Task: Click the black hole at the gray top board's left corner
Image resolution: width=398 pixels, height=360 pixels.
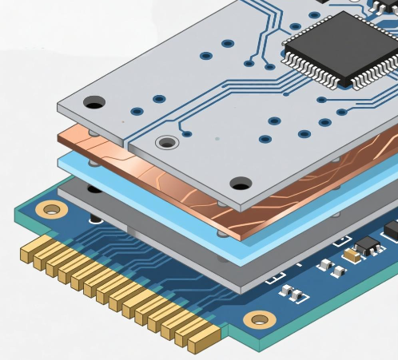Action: coord(94,102)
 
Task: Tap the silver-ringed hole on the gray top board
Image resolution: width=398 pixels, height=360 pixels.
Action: coord(166,143)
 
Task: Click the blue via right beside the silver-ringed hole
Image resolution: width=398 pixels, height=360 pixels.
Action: coord(187,134)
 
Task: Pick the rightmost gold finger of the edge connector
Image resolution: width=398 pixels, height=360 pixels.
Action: coord(197,342)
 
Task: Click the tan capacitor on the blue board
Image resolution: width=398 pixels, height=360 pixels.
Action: coord(352,255)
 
